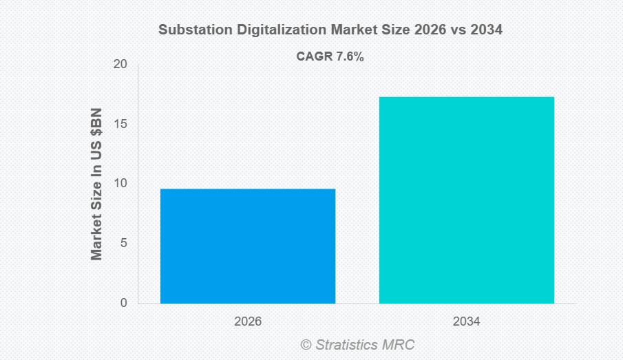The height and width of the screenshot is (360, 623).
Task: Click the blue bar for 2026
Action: pos(248,246)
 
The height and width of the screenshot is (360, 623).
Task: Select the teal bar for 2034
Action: pos(466,200)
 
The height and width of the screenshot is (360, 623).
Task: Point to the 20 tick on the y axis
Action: pos(120,65)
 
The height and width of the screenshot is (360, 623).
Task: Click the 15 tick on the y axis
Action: pos(120,125)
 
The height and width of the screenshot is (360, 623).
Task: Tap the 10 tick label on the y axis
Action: pos(120,184)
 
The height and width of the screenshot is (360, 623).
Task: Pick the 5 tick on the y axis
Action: pos(123,244)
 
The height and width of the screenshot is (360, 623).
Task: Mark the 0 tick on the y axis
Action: pos(123,303)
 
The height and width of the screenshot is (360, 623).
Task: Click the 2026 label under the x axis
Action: pos(248,321)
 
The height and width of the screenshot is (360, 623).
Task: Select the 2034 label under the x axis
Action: pos(466,321)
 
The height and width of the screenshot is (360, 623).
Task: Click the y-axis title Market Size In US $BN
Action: pos(96,184)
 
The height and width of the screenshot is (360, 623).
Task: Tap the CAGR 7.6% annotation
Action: pos(330,57)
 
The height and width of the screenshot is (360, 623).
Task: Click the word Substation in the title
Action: pos(189,30)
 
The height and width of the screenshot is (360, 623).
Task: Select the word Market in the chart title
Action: pos(341,30)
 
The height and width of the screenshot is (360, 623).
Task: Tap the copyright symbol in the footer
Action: pos(306,344)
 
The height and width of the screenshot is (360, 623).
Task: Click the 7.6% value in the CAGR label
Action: pos(350,57)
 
